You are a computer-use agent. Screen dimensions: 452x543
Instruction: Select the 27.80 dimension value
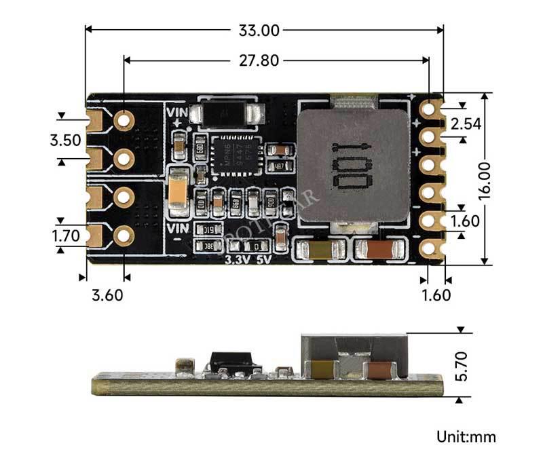[x=259, y=60]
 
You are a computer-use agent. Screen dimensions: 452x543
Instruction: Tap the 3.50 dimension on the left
[x=65, y=140]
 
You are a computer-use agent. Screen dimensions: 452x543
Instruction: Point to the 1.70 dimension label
[x=65, y=236]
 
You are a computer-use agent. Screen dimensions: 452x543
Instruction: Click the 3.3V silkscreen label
[x=238, y=259]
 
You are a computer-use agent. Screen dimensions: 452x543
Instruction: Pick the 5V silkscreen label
[x=265, y=259]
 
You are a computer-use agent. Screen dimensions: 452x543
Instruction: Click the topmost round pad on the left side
[x=124, y=120]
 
